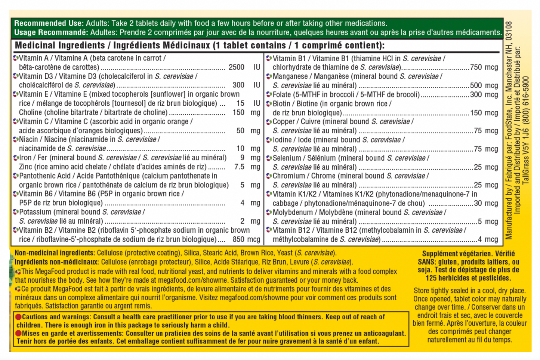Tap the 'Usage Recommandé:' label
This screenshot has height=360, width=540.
click(51, 32)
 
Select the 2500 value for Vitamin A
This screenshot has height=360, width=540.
click(236, 67)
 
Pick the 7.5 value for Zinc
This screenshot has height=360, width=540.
click(239, 167)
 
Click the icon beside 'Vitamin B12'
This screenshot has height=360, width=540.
click(269, 230)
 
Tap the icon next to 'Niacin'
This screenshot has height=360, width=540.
click(16, 140)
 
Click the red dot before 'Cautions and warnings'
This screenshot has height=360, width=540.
click(18, 317)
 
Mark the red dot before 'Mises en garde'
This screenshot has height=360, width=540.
click(18, 333)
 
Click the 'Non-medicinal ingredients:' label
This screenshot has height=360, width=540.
click(55, 253)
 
